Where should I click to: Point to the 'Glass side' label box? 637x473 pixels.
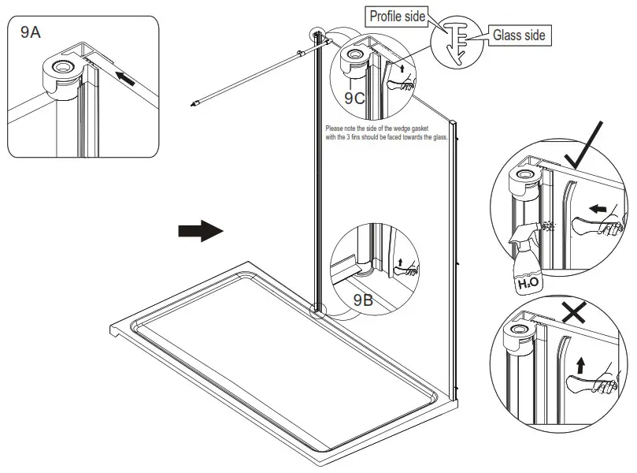pos(517,35)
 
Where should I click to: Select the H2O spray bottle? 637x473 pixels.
pos(527,261)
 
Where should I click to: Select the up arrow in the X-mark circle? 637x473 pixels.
pos(582,365)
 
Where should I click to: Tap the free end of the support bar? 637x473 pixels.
pos(194,102)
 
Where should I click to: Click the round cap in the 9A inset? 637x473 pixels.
pos(59,68)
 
